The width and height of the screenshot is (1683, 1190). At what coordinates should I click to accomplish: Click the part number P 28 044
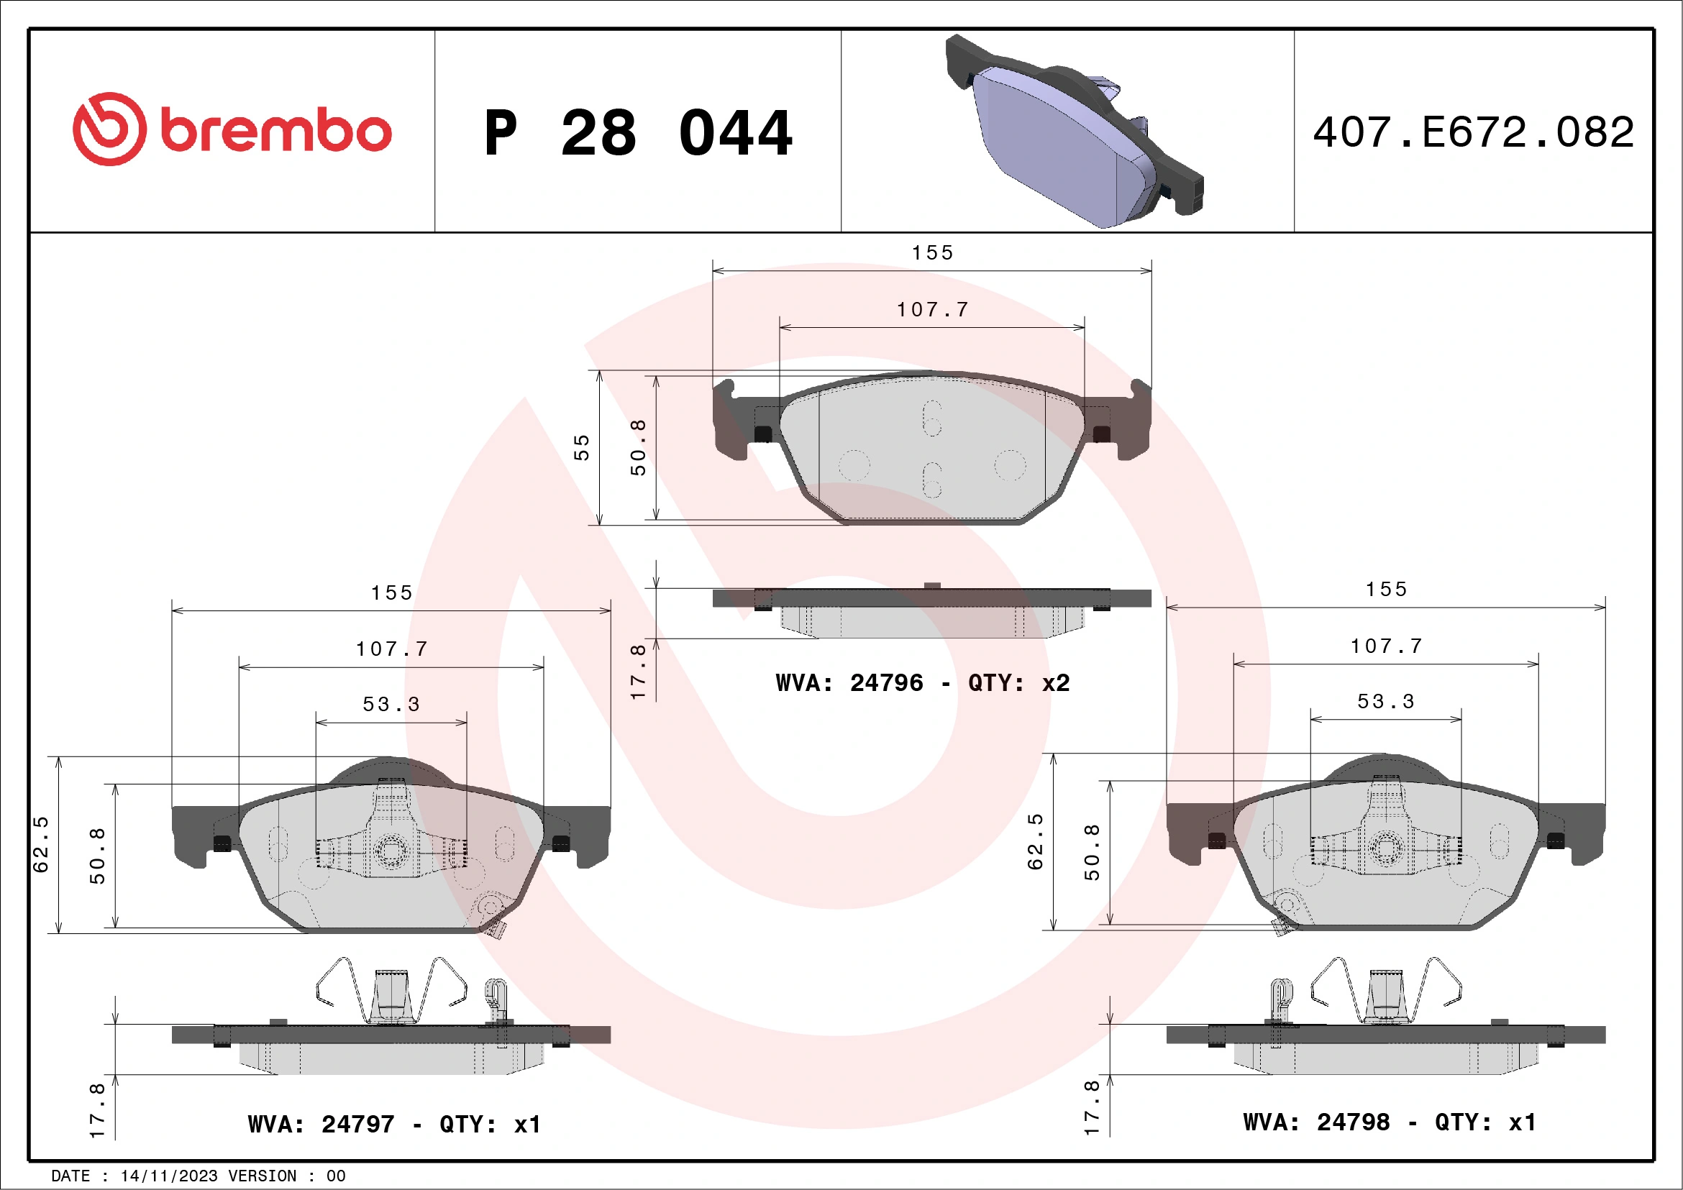[638, 133]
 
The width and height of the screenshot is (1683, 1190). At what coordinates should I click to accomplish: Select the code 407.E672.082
[1474, 132]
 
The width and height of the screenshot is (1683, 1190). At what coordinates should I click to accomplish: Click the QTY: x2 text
[1019, 683]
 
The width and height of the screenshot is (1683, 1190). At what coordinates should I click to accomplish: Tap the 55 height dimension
[581, 447]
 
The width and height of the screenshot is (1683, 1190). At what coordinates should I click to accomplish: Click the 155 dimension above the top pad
[932, 253]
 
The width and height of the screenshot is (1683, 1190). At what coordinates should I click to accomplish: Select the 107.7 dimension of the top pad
[932, 310]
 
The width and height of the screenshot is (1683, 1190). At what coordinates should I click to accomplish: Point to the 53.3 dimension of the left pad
[391, 704]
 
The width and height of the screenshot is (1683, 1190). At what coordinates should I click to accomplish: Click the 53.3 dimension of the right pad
[1385, 701]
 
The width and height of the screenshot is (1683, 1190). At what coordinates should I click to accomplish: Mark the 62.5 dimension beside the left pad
[41, 844]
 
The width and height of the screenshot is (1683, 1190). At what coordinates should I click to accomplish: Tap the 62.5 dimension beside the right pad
[1035, 841]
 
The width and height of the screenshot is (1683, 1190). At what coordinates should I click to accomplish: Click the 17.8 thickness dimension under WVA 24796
[639, 671]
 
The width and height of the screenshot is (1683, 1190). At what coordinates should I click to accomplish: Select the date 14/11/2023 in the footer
[168, 1176]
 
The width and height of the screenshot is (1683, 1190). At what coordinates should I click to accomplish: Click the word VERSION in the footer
[263, 1176]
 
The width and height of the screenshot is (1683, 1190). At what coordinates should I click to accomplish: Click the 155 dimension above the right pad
[1386, 590]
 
